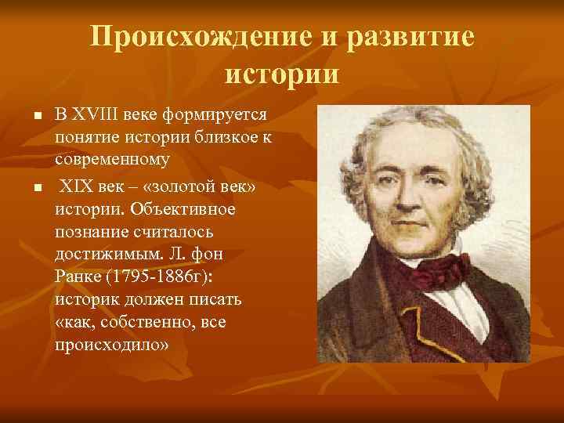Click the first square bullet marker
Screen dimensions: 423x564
point(26,117)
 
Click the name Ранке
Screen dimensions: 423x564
point(78,279)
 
